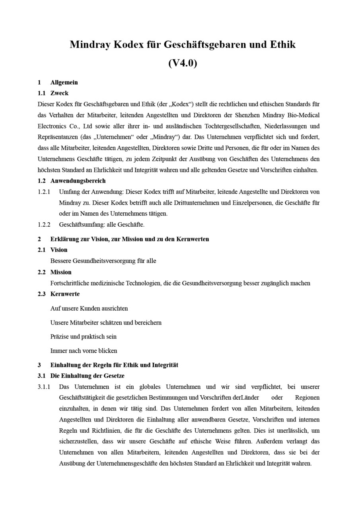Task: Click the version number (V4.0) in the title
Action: [183, 63]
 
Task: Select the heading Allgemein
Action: [64, 82]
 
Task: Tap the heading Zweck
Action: [59, 93]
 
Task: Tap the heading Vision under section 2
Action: [59, 250]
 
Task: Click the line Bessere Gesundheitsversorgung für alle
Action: [103, 261]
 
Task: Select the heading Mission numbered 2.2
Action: [61, 272]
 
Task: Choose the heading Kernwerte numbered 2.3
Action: [65, 294]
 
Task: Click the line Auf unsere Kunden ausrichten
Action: [89, 308]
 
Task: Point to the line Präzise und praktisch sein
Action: [84, 336]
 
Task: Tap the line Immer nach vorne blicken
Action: [84, 351]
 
